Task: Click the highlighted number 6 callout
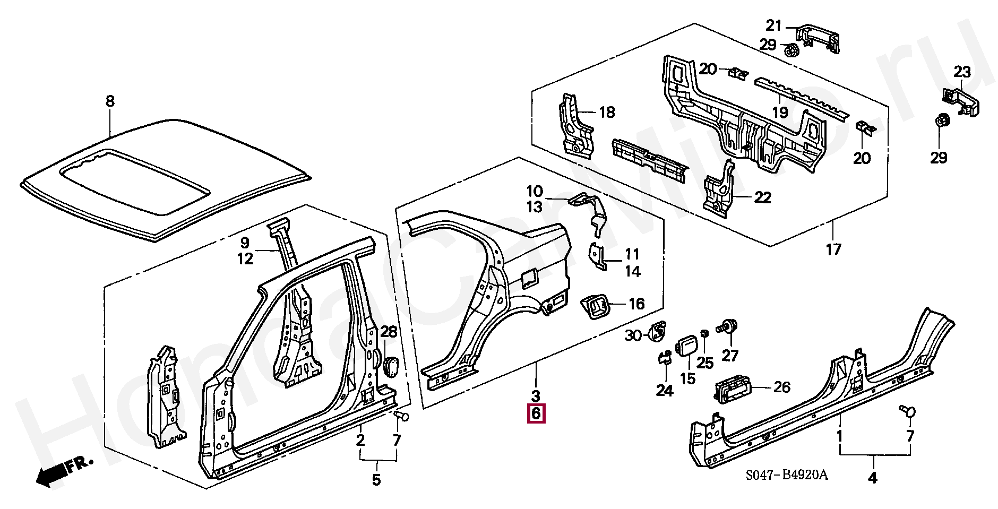pyautogui.click(x=536, y=413)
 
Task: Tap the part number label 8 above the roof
pyautogui.click(x=110, y=101)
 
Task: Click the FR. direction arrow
pyautogui.click(x=64, y=471)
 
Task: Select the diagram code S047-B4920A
pyautogui.click(x=786, y=475)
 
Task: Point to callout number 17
pyautogui.click(x=833, y=248)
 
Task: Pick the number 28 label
pyautogui.click(x=389, y=333)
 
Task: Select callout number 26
pyautogui.click(x=782, y=387)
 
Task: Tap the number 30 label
pyautogui.click(x=633, y=335)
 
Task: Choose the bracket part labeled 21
pyautogui.click(x=818, y=39)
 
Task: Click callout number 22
pyautogui.click(x=762, y=197)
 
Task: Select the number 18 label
pyautogui.click(x=607, y=112)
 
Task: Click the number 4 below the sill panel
pyautogui.click(x=872, y=478)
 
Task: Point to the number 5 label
pyautogui.click(x=376, y=480)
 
